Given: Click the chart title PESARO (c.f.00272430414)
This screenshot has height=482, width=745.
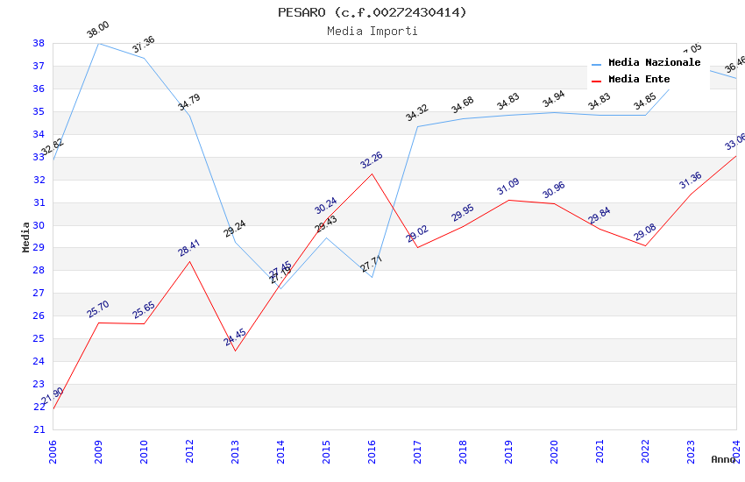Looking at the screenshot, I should (372, 12).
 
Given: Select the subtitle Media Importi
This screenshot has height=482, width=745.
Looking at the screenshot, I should (372, 31).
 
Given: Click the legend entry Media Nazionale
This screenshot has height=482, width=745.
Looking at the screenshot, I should (654, 63).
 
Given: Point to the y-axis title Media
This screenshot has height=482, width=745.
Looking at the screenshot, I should (26, 237).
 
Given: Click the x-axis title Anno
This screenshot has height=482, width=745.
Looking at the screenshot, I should (723, 459).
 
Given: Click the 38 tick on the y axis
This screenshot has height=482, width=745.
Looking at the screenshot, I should (39, 43).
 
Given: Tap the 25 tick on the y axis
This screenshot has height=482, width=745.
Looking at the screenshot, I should (39, 338).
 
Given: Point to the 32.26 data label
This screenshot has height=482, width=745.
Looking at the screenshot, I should (371, 160).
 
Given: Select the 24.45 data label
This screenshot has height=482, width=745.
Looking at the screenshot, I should (234, 338).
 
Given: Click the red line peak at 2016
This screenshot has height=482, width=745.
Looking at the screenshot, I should (372, 174).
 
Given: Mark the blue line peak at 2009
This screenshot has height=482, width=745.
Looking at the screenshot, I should (98, 43).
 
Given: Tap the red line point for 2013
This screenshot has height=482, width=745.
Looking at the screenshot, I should (235, 351).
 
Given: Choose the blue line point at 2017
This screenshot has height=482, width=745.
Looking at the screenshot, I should (417, 126).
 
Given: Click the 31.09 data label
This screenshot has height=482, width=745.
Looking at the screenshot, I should (507, 187).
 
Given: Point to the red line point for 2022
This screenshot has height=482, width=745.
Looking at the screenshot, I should (645, 245).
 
